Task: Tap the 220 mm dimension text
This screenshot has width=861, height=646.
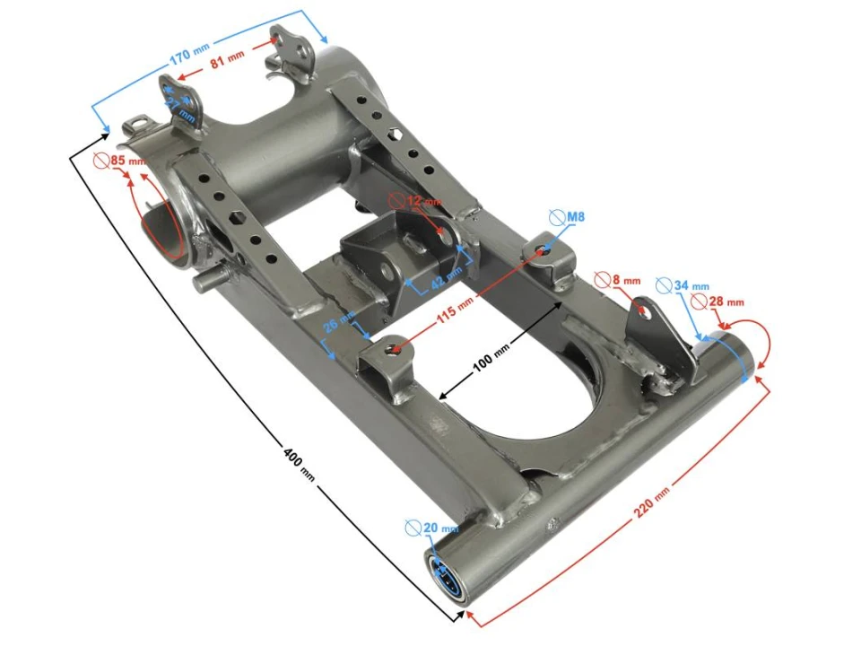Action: [x=652, y=503]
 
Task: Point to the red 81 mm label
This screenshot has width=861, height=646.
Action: [x=227, y=63]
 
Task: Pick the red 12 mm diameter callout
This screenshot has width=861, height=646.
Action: [x=422, y=202]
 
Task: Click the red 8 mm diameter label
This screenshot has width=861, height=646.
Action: [x=626, y=280]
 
